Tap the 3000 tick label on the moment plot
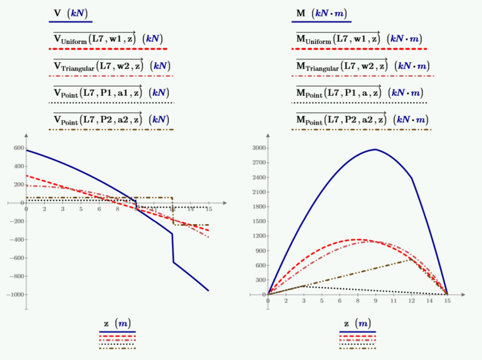tap(257, 148)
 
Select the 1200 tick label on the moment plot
tap(257, 236)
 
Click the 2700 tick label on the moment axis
tap(257, 163)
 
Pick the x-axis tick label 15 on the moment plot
tap(447, 301)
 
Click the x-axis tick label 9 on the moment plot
tap(375, 301)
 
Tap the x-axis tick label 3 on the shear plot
tap(62, 209)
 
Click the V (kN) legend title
tap(69, 13)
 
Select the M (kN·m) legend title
tap(321, 13)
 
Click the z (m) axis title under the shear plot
tap(117, 324)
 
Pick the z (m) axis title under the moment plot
tap(357, 324)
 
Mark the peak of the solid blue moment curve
tap(375, 149)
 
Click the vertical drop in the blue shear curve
tap(173, 248)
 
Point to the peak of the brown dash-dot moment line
tap(411, 259)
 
